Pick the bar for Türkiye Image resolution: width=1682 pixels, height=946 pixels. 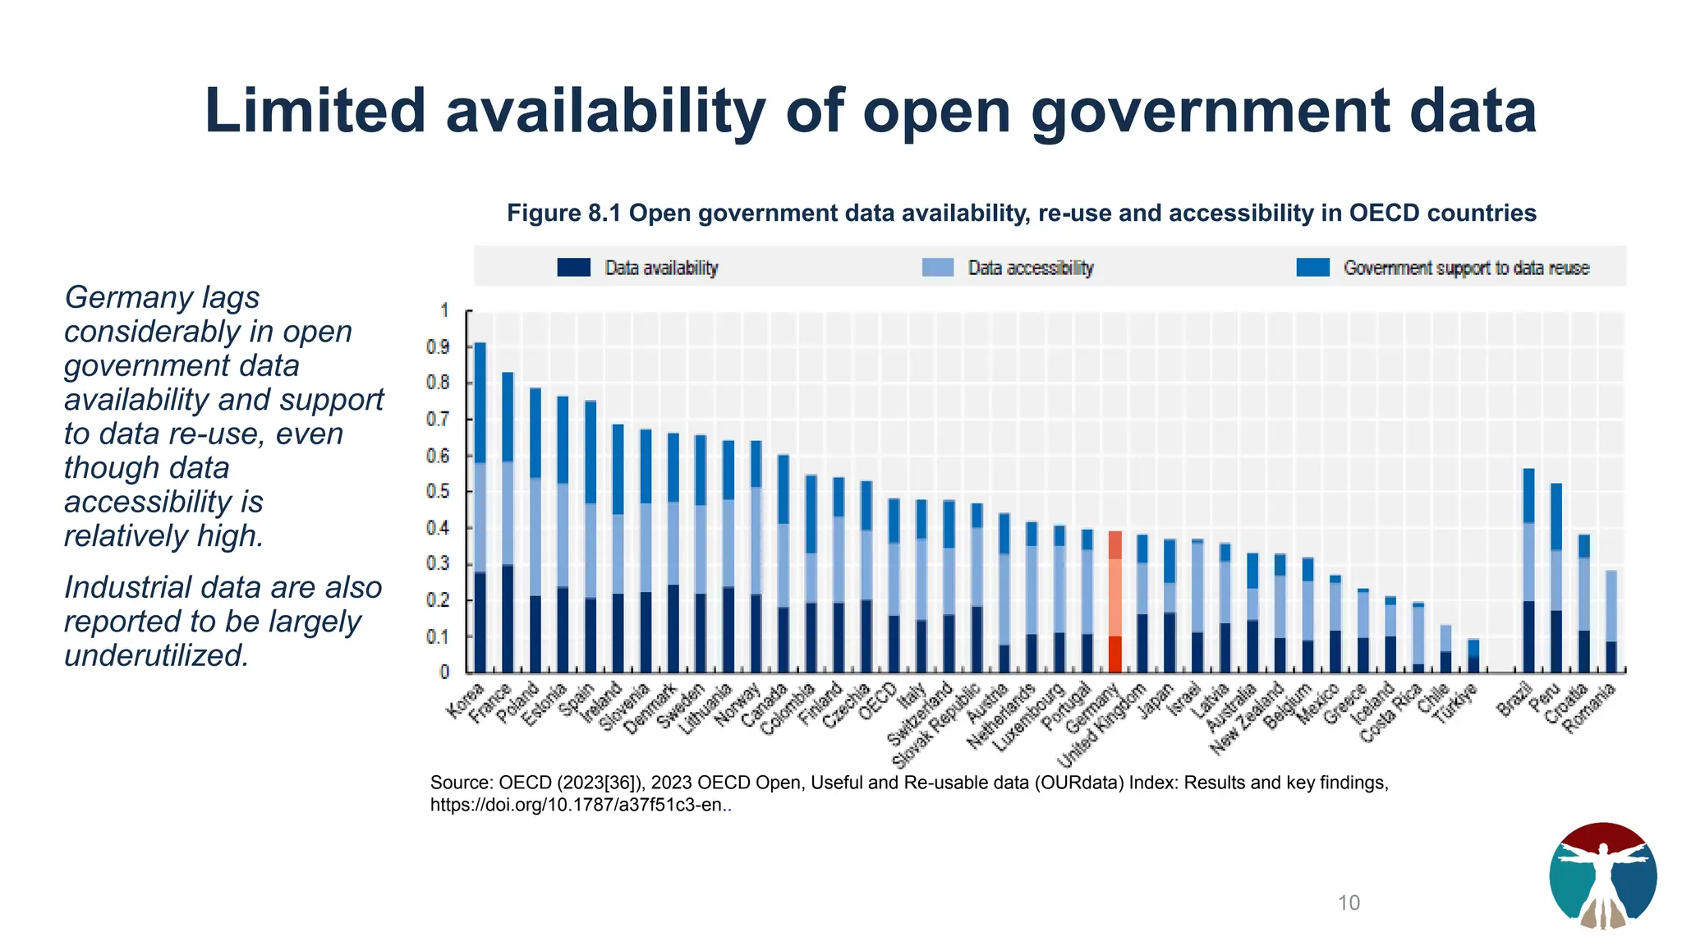tap(1473, 656)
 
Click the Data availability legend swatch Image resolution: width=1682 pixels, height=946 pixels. tap(573, 268)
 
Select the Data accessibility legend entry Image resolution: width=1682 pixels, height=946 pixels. tap(1030, 268)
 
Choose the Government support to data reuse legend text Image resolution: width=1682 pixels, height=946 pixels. tap(1466, 268)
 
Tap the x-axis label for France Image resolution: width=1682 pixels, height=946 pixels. tap(491, 703)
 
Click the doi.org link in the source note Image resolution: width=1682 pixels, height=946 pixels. tap(578, 806)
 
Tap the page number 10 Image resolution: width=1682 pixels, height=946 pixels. tap(1349, 903)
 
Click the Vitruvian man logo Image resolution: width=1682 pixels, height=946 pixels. tap(1602, 875)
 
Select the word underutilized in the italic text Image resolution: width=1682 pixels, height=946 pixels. tap(156, 655)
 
